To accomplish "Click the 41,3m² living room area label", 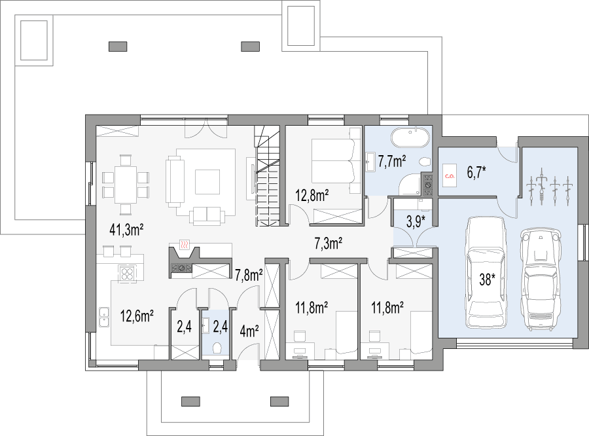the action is click(x=126, y=229).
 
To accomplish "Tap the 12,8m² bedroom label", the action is click(x=312, y=196).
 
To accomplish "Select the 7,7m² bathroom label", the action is click(x=392, y=161).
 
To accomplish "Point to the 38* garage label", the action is click(x=487, y=280).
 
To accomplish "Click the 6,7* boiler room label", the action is click(x=476, y=173).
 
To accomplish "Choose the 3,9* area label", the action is click(x=416, y=221).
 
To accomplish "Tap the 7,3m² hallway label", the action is click(x=328, y=244).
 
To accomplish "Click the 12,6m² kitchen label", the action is click(x=137, y=316).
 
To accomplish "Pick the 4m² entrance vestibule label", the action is click(x=249, y=331).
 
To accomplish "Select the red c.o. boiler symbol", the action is click(x=449, y=176).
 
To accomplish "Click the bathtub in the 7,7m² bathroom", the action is click(x=410, y=137).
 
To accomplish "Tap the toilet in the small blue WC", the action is click(x=217, y=348).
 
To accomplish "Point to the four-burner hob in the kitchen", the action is click(x=127, y=274).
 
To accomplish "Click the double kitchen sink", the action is click(x=103, y=318).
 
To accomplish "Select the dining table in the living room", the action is click(x=126, y=185).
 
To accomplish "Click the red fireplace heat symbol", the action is click(x=184, y=245).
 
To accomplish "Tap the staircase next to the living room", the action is click(x=268, y=176).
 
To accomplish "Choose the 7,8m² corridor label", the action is click(x=249, y=275).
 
